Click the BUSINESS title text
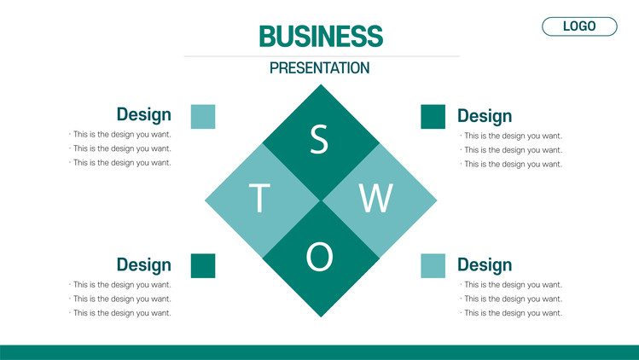tap(321, 37)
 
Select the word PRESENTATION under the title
tap(319, 68)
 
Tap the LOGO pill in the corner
tap(579, 26)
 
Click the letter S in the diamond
tap(319, 139)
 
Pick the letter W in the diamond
tap(376, 198)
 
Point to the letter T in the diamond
tap(259, 198)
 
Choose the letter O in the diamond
tap(319, 257)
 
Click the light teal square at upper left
tap(203, 117)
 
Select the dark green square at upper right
tap(433, 117)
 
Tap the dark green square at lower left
tap(203, 266)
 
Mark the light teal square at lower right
tap(433, 266)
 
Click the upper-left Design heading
tap(144, 114)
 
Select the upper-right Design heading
tap(485, 116)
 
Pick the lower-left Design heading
tap(144, 265)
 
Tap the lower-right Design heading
tap(485, 265)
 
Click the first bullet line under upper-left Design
tap(120, 135)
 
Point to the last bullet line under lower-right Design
tap(511, 313)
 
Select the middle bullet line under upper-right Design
tap(511, 150)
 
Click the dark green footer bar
tap(319, 352)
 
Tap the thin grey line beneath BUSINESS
tap(322, 56)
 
